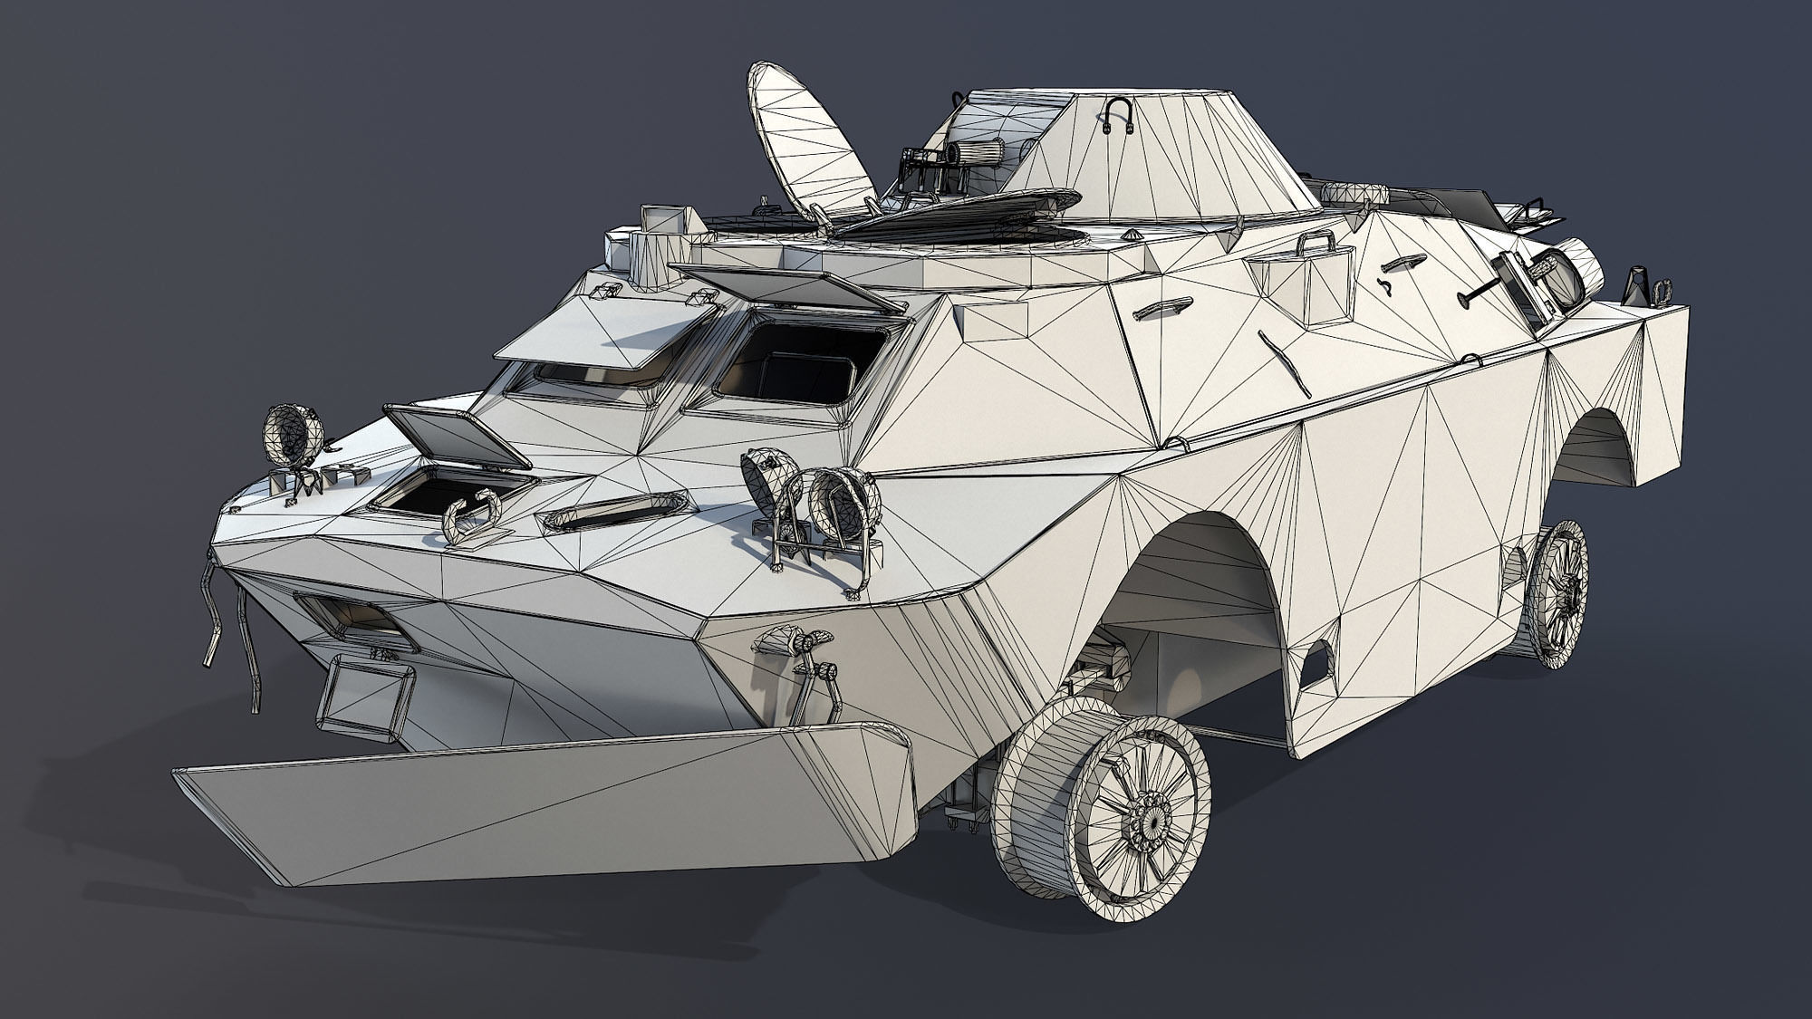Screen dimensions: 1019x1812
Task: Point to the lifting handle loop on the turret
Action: click(x=1117, y=115)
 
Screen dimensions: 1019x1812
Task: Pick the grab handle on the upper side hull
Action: click(x=1161, y=308)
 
